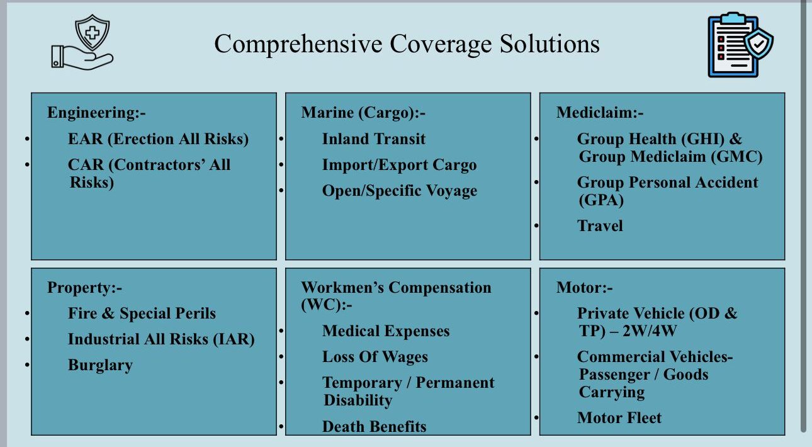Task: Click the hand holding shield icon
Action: [82, 42]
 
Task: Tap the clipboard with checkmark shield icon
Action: [740, 45]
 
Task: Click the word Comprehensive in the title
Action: [298, 44]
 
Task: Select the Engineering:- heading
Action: [96, 113]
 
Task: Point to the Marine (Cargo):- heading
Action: [363, 113]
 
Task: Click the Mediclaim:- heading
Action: [600, 113]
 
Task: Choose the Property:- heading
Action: [85, 288]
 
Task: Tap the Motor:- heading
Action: [584, 288]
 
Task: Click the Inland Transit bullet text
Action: [374, 139]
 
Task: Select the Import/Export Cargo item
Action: [400, 165]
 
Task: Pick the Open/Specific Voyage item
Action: [400, 191]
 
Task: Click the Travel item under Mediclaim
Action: [600, 226]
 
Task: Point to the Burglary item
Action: [100, 365]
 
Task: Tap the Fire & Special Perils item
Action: [142, 314]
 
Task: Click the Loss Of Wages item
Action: [375, 357]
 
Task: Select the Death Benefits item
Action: [374, 427]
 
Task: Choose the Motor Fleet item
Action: [619, 417]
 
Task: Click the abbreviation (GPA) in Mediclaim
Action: [601, 200]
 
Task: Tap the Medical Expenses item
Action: [386, 331]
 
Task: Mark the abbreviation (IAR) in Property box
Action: [234, 339]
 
